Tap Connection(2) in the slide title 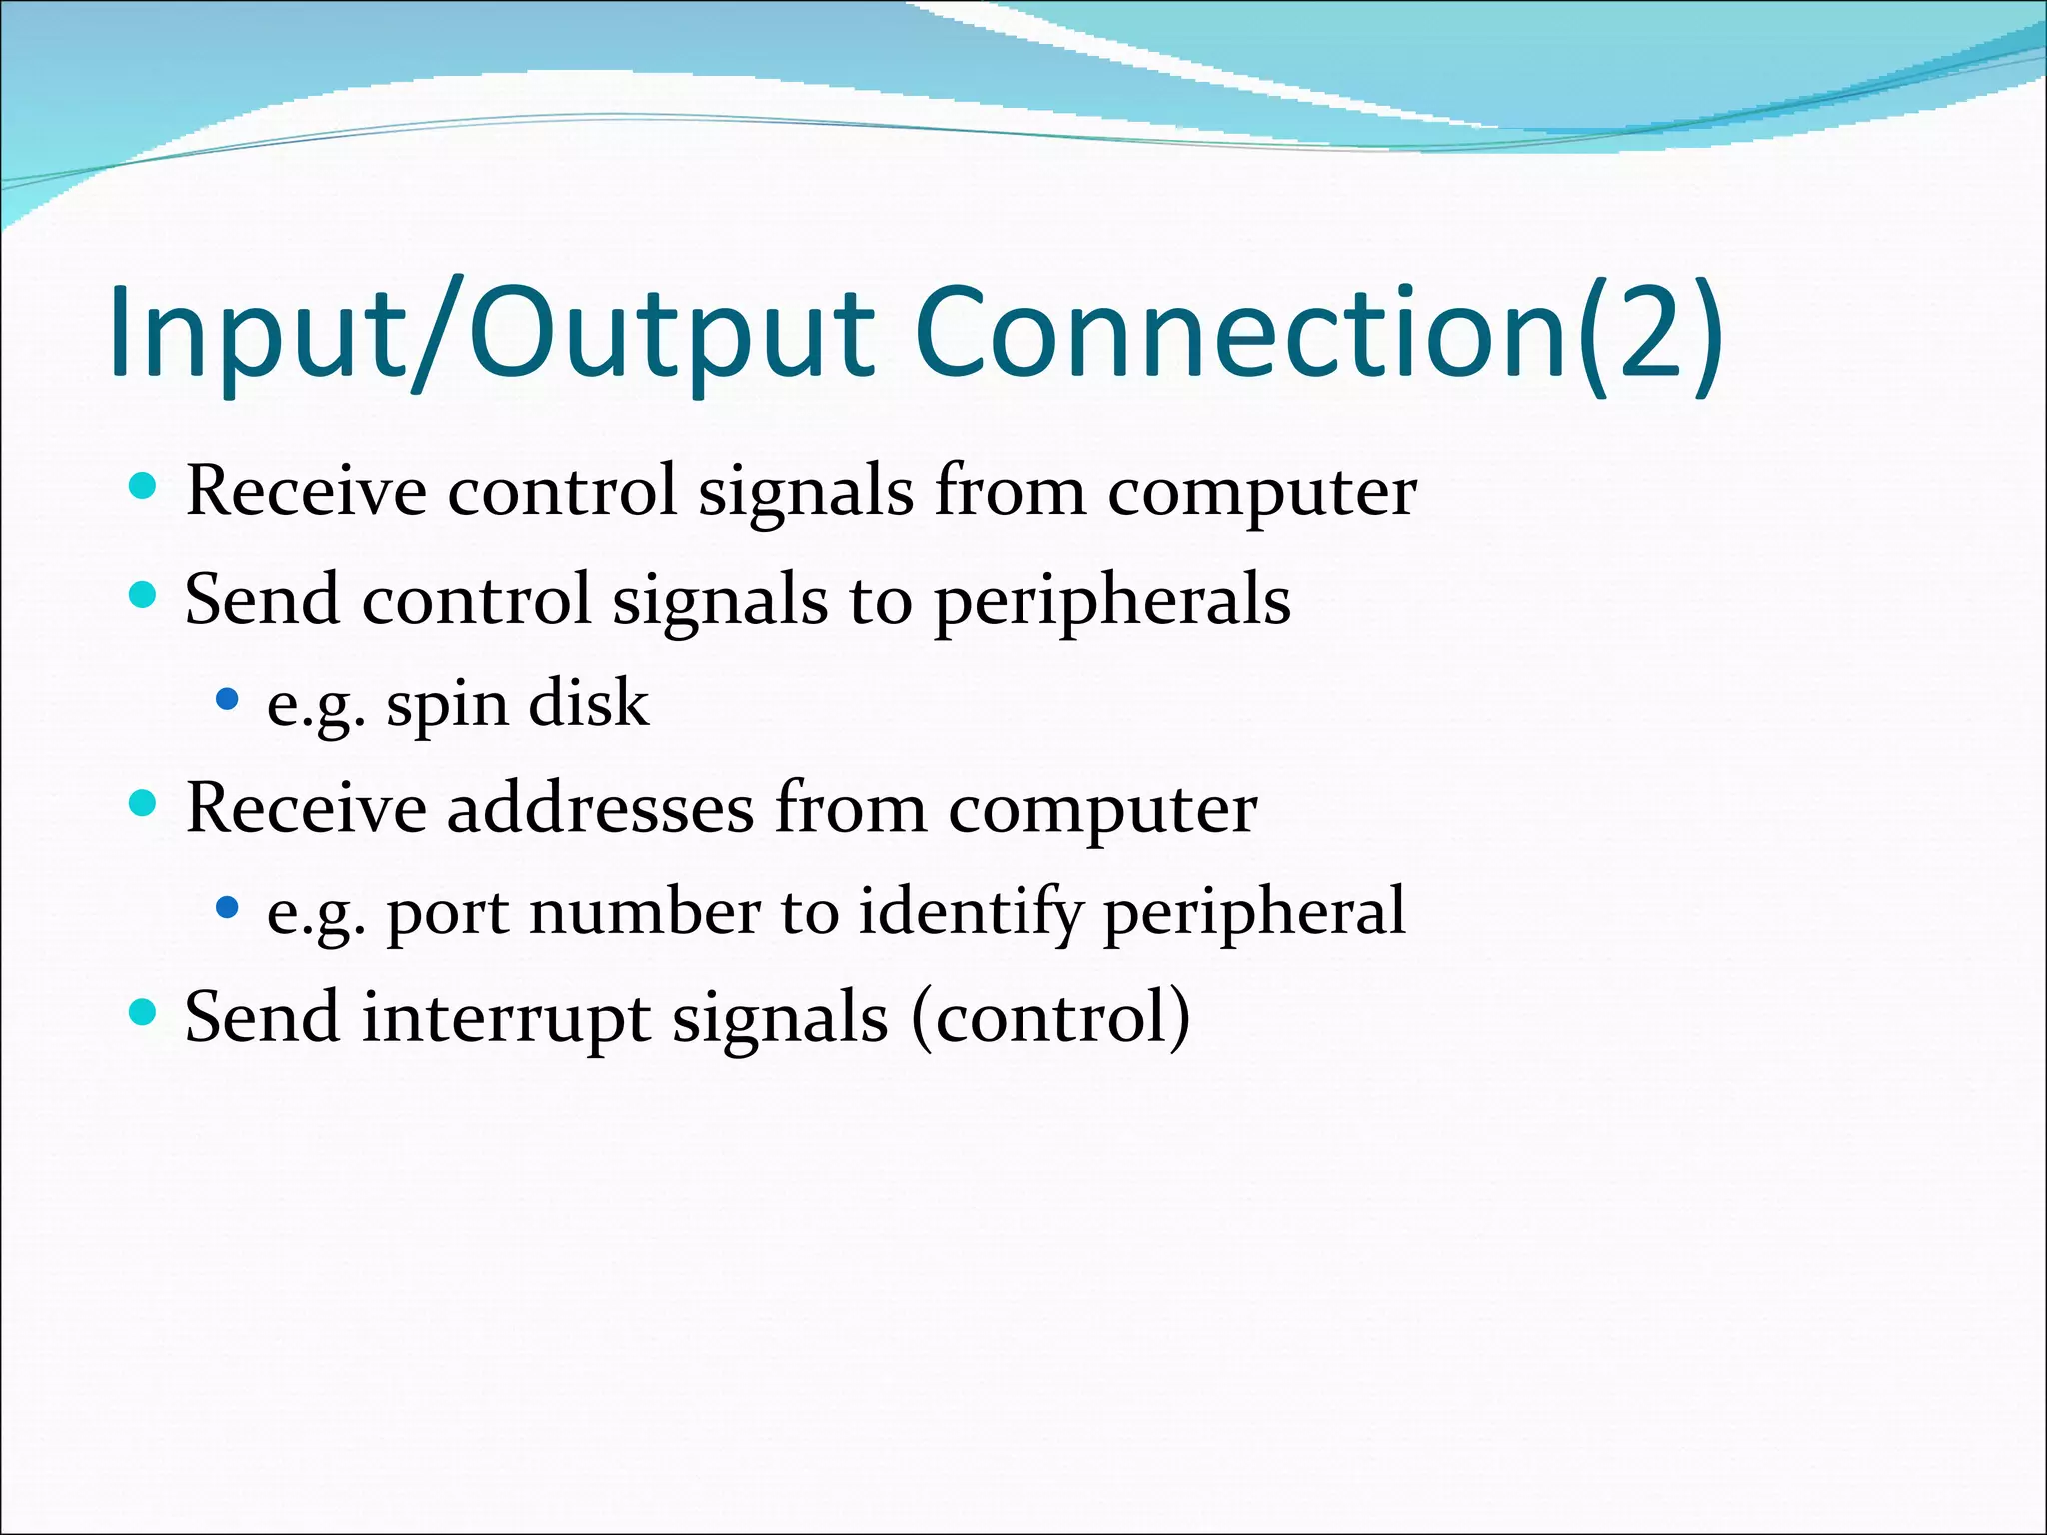[1317, 332]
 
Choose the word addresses [600, 808]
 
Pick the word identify [970, 914]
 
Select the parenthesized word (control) [1050, 1018]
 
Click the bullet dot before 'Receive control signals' [144, 487]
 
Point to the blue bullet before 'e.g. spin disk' [228, 699]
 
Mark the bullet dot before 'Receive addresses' [144, 803]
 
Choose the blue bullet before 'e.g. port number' [228, 908]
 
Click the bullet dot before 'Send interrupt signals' [144, 1013]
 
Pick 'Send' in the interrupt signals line [261, 1018]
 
